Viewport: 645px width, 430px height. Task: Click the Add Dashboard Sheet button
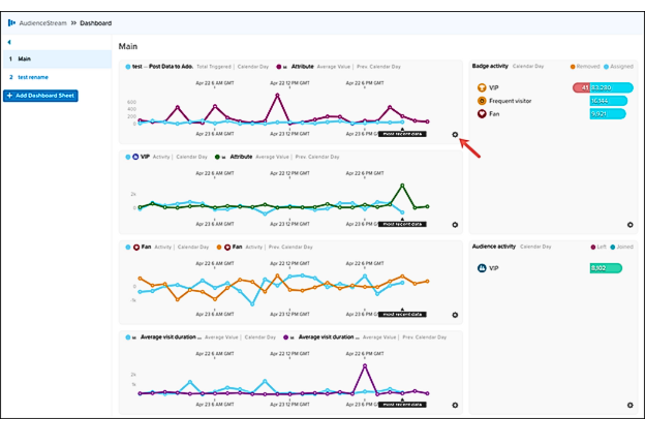click(41, 95)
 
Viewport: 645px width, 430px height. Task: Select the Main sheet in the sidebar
click(24, 59)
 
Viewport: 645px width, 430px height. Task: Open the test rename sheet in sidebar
click(33, 77)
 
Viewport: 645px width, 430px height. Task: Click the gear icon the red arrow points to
click(455, 135)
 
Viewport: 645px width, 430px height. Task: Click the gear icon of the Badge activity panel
click(630, 225)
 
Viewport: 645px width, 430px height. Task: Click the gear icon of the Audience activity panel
click(630, 405)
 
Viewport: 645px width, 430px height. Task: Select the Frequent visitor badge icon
click(482, 101)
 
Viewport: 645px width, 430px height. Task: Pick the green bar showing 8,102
click(606, 268)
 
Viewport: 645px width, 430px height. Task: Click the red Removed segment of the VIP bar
click(581, 88)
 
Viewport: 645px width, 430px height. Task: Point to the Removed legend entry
click(585, 67)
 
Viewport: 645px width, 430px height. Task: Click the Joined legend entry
click(622, 247)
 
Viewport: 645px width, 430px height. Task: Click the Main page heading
click(128, 46)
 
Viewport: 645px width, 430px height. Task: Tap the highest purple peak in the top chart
click(277, 95)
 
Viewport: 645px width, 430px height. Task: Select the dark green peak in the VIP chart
click(402, 186)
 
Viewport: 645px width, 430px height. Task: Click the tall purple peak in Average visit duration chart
click(365, 366)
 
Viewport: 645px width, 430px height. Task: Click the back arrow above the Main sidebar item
click(9, 42)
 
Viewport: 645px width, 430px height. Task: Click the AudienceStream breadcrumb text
click(43, 23)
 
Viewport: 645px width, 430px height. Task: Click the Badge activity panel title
click(490, 66)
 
